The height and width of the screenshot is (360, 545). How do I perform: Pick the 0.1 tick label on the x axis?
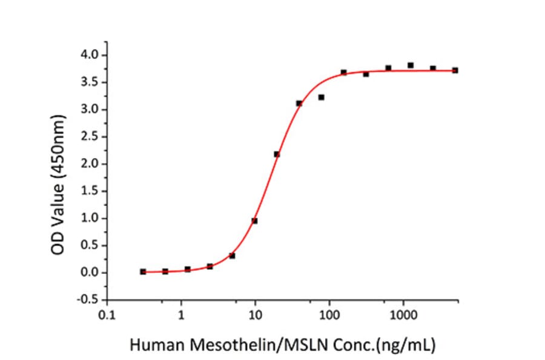(x=107, y=316)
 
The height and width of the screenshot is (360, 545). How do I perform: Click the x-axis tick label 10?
(x=256, y=316)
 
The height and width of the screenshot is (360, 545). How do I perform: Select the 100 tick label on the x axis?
(x=329, y=316)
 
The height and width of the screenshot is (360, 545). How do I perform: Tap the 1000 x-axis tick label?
(x=403, y=316)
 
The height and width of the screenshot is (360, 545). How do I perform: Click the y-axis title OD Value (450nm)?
(x=58, y=178)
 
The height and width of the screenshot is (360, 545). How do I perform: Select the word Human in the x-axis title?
(x=151, y=345)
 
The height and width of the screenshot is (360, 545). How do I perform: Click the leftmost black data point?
(x=143, y=272)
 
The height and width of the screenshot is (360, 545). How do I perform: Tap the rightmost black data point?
(x=455, y=70)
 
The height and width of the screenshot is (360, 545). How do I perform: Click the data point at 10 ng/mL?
(x=254, y=221)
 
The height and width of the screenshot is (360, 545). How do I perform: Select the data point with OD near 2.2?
(x=277, y=154)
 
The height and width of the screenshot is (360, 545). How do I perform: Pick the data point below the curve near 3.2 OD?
(x=321, y=97)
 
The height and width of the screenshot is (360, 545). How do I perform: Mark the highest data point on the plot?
(x=411, y=65)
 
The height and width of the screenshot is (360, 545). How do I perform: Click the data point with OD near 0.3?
(x=232, y=256)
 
